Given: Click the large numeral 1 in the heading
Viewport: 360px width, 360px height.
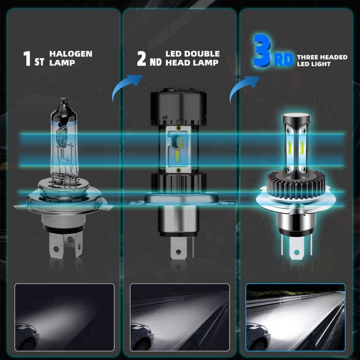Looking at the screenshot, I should pyautogui.click(x=27, y=58).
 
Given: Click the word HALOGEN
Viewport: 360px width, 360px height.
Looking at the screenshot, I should pyautogui.click(x=71, y=54).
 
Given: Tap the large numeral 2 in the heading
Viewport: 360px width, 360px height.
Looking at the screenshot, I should pyautogui.click(x=142, y=58).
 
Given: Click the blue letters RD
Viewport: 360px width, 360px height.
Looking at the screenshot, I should pyautogui.click(x=284, y=60).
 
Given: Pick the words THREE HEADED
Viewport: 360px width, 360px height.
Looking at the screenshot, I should pyautogui.click(x=323, y=57).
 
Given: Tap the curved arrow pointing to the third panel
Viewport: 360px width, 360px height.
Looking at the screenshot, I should pyautogui.click(x=242, y=87).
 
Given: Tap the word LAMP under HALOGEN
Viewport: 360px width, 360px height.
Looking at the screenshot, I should pyautogui.click(x=62, y=63).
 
